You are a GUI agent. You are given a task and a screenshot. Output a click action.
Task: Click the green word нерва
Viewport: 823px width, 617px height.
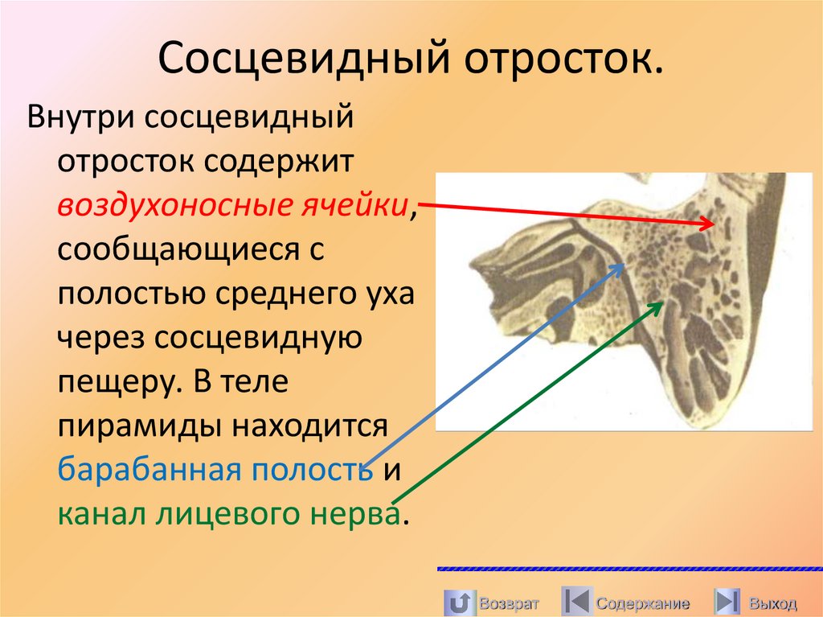click(x=355, y=514)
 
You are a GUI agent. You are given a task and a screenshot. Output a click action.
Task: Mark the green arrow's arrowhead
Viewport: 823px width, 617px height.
click(x=662, y=302)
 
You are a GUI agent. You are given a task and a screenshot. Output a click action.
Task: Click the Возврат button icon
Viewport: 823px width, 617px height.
click(x=458, y=603)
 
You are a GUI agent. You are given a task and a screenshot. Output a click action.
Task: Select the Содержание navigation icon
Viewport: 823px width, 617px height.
click(x=575, y=603)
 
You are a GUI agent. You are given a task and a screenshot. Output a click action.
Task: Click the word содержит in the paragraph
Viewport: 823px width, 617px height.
click(x=277, y=162)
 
